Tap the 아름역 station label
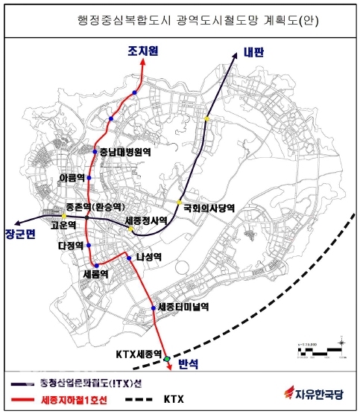coord(73,177)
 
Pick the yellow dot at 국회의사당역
coord(180,202)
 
